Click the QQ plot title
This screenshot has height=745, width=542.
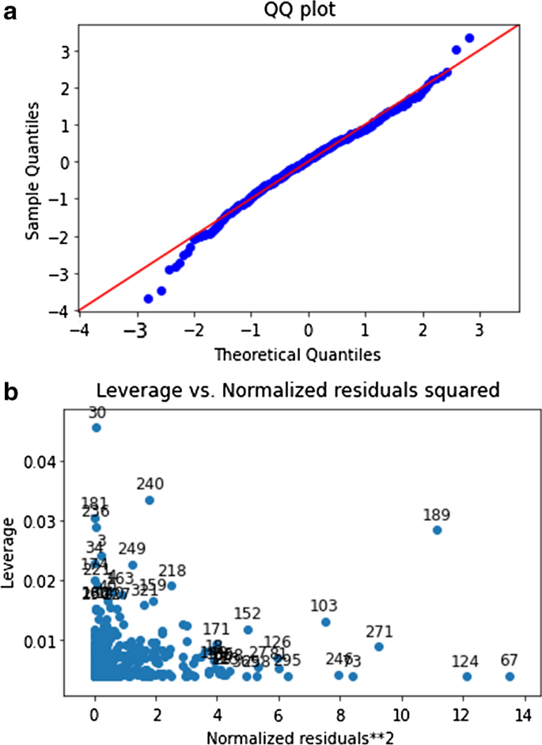tap(298, 10)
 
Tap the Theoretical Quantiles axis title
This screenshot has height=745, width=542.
tap(298, 356)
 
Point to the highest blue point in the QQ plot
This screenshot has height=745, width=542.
tap(469, 38)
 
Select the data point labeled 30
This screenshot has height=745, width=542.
tap(97, 428)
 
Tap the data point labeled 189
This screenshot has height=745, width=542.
tap(437, 530)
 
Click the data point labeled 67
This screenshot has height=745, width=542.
tap(510, 676)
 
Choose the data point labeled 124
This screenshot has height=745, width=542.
tap(468, 676)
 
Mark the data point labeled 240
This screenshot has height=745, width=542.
tap(150, 500)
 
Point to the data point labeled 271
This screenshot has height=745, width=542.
tap(379, 647)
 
